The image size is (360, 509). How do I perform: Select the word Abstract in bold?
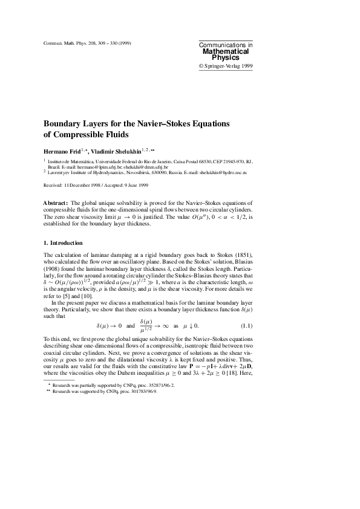[56, 203]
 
